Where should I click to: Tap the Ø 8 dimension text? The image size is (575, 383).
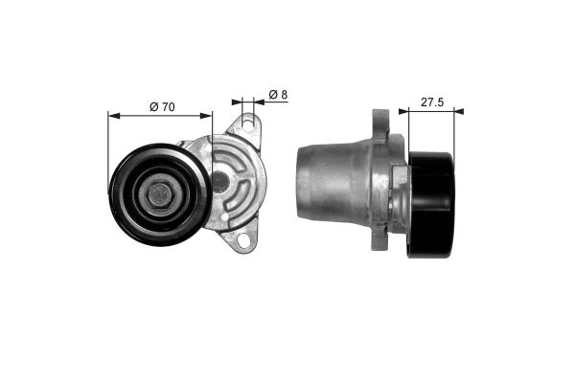[278, 94]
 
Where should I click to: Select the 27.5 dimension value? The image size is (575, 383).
[431, 101]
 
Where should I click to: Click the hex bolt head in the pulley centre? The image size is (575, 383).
[159, 194]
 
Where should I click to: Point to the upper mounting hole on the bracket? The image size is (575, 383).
[247, 125]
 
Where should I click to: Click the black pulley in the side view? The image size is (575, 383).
[431, 205]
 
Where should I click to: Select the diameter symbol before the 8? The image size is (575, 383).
[272, 94]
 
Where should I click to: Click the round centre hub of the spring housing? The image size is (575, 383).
[219, 181]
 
